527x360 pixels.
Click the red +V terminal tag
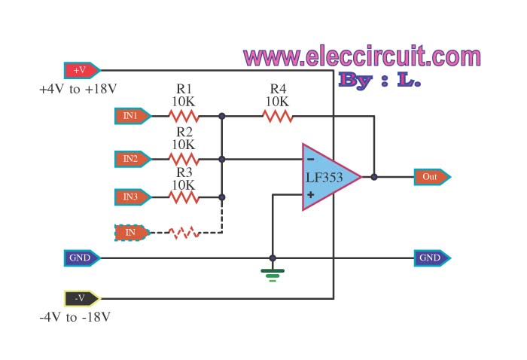pyautogui.click(x=81, y=70)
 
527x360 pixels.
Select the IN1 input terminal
pyautogui.click(x=133, y=116)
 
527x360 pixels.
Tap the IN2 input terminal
pyautogui.click(x=133, y=159)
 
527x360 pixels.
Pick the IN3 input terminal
pyautogui.click(x=133, y=197)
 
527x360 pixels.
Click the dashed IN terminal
pyautogui.click(x=133, y=233)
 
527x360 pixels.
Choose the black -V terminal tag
pyautogui.click(x=81, y=298)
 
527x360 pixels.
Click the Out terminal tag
pyautogui.click(x=432, y=177)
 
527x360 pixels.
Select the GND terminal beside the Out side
pyautogui.click(x=432, y=258)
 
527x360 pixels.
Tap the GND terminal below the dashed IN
pyautogui.click(x=81, y=258)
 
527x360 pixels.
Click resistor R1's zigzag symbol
pyautogui.click(x=184, y=116)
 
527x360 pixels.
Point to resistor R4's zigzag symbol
pyautogui.click(x=278, y=116)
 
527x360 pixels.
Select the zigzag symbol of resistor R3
pyautogui.click(x=184, y=197)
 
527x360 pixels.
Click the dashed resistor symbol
pyautogui.click(x=184, y=233)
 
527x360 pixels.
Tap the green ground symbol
pyautogui.click(x=273, y=275)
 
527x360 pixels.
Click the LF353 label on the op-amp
pyautogui.click(x=324, y=178)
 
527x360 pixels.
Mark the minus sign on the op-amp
pyautogui.click(x=311, y=160)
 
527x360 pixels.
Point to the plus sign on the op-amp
pyautogui.click(x=311, y=194)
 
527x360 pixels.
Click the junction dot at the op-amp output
pyautogui.click(x=374, y=177)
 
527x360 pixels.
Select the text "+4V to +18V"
pyautogui.click(x=78, y=90)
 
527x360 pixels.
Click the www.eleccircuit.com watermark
pyautogui.click(x=362, y=56)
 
